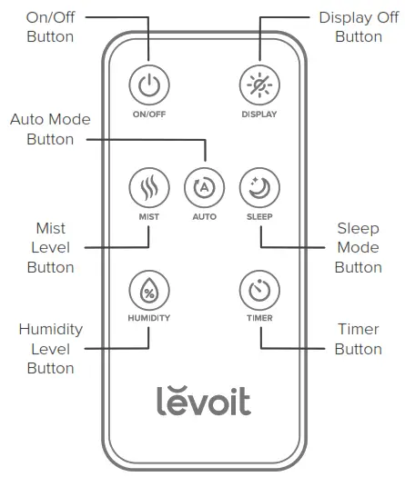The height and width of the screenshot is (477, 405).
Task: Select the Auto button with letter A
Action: click(204, 188)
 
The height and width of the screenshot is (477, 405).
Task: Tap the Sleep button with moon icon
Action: click(259, 188)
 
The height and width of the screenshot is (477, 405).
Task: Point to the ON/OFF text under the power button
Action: click(147, 115)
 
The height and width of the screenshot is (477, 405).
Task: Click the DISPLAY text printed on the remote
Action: click(259, 115)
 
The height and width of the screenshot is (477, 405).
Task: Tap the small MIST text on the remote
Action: click(147, 219)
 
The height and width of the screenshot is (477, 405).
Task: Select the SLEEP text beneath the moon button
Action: click(259, 219)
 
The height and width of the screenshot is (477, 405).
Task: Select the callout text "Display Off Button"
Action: click(358, 27)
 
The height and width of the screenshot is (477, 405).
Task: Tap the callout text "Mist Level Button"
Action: click(50, 247)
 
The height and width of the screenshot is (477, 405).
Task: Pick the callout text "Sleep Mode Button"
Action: click(358, 247)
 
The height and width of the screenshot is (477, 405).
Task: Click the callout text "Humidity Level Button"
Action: click(50, 348)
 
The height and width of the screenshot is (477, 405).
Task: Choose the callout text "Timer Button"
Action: click(358, 339)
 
